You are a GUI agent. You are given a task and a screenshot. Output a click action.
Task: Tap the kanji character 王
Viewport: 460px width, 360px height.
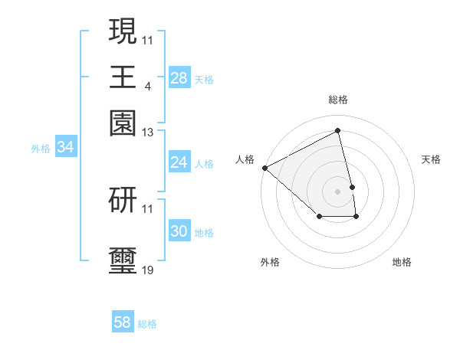123,77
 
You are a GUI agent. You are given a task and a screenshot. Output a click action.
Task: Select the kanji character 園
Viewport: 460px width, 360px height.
123,123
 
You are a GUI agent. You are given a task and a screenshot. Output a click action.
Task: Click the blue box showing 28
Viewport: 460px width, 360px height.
179,78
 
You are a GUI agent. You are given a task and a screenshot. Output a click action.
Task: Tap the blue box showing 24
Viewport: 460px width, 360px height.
179,162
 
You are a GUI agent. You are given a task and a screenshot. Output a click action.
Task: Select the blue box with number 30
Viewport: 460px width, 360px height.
179,232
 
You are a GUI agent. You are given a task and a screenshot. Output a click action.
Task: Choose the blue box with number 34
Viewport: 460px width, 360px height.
65,148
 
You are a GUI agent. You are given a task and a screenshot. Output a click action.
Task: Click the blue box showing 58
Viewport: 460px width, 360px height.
123,323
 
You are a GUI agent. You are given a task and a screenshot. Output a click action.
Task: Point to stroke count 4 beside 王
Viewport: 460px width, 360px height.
147,87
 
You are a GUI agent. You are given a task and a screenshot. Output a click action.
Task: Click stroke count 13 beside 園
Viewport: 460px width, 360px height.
148,133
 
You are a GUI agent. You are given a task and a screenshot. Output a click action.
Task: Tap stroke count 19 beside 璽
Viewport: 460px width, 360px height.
148,271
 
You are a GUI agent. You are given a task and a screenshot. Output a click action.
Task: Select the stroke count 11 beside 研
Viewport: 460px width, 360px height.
148,209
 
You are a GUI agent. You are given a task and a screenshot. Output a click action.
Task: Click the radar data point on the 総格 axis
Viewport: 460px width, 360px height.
337,130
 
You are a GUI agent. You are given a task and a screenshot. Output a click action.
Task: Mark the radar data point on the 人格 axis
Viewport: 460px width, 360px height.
264,167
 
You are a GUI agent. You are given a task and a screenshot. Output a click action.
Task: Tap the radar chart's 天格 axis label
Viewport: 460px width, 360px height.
431,159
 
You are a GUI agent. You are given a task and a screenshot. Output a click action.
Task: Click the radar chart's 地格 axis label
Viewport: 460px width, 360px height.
402,263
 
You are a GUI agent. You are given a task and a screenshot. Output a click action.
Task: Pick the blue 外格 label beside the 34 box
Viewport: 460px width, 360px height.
41,149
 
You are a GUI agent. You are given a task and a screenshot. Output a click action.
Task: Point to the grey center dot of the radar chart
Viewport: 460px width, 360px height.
337,191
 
